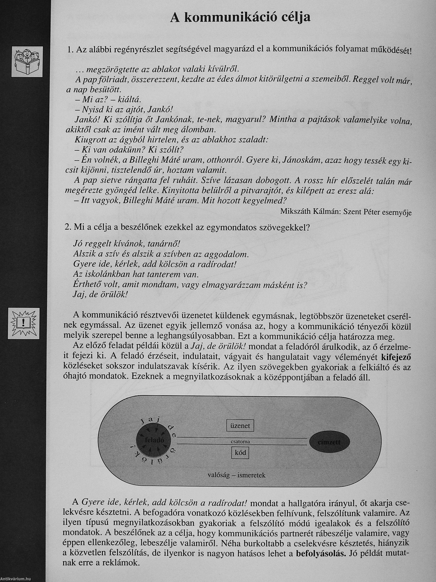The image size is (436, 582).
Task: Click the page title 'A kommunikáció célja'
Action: (x=240, y=17)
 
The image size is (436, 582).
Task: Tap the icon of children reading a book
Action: (x=27, y=62)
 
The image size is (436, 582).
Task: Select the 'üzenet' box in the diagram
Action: (x=240, y=425)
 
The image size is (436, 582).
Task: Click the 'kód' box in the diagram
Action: (x=240, y=453)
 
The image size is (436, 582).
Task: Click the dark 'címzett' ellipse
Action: (x=329, y=442)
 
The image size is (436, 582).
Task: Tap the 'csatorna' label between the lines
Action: (x=240, y=442)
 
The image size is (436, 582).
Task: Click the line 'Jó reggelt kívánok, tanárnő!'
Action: (x=127, y=244)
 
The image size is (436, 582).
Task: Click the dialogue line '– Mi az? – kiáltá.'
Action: (x=108, y=99)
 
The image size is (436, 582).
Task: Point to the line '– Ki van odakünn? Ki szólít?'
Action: (x=129, y=150)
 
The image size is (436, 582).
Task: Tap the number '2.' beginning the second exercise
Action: (x=68, y=227)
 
